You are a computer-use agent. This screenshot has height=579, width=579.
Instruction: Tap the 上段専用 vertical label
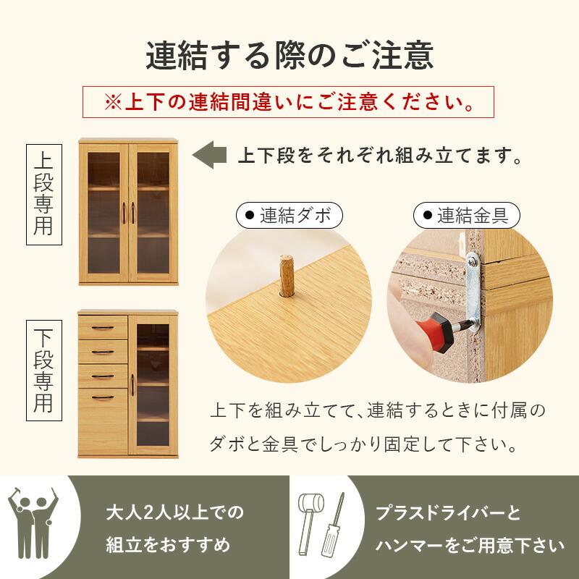pyautogui.click(x=44, y=191)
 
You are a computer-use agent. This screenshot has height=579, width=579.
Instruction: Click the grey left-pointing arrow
pyautogui.click(x=208, y=155)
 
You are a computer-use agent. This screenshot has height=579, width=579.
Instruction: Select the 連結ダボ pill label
pyautogui.click(x=289, y=215)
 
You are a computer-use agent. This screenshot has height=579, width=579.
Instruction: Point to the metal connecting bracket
pyautogui.click(x=475, y=289)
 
